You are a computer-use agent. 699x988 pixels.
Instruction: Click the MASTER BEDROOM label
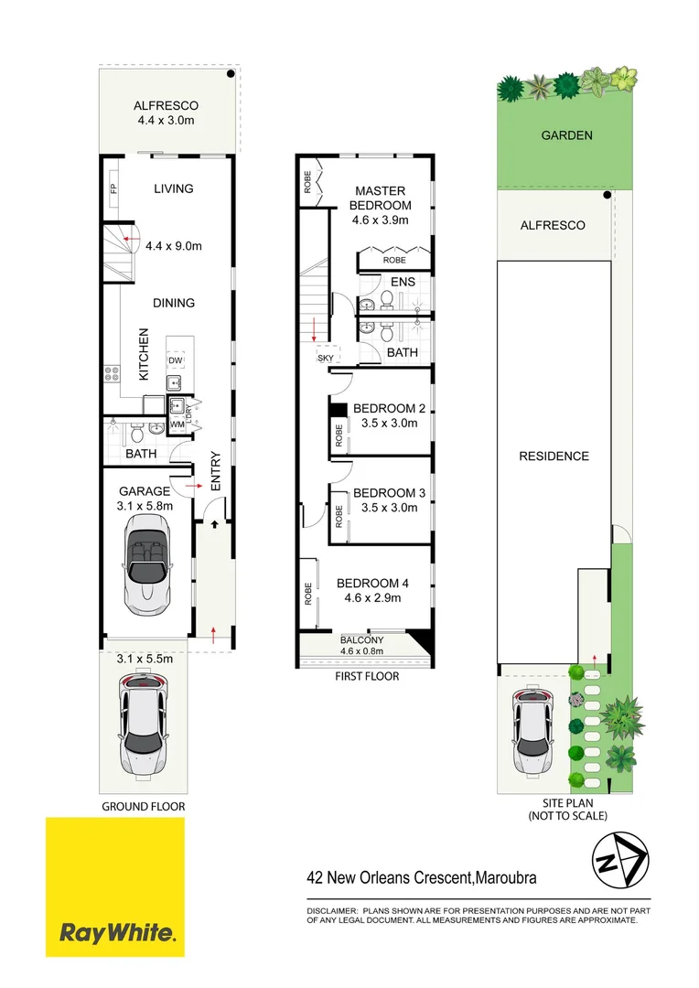[x=383, y=198]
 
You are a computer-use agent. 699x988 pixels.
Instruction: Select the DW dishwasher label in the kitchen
[x=175, y=360]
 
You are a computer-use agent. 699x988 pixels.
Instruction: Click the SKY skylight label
[x=325, y=358]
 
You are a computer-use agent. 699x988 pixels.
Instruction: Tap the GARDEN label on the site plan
[x=566, y=135]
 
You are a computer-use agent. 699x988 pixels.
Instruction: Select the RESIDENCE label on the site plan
[x=554, y=456]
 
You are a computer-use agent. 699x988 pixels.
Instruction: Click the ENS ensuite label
[x=403, y=282]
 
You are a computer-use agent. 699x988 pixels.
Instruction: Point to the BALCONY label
[x=361, y=639]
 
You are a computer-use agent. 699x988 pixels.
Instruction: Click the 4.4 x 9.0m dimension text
[x=174, y=245]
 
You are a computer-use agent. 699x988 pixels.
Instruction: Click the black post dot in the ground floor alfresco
[x=232, y=73]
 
